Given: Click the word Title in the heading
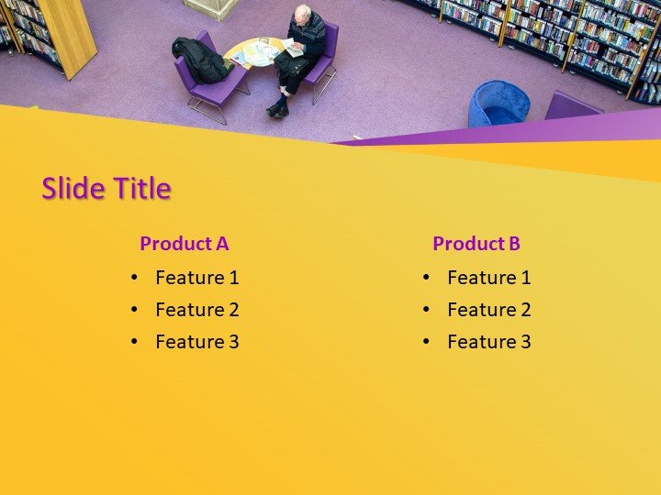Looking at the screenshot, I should pyautogui.click(x=141, y=189).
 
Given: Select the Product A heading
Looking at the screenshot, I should pyautogui.click(x=184, y=244).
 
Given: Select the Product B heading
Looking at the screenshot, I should pyautogui.click(x=476, y=244).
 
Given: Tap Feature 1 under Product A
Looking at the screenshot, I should pyautogui.click(x=196, y=278).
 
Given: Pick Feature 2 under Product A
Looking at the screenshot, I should pyautogui.click(x=196, y=310).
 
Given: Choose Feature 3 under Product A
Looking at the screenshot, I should pyautogui.click(x=196, y=342).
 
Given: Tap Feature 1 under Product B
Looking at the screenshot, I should pyautogui.click(x=488, y=278).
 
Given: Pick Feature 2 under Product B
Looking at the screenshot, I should pyautogui.click(x=488, y=310).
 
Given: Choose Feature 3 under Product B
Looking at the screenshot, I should pyautogui.click(x=488, y=342).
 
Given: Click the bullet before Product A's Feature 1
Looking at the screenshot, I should pyautogui.click(x=134, y=278).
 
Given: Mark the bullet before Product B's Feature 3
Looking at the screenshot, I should pyautogui.click(x=426, y=342).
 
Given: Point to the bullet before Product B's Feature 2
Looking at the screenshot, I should pyautogui.click(x=426, y=310).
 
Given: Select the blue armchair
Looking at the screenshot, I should pyautogui.click(x=498, y=104).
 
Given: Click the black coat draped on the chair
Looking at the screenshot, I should pyautogui.click(x=201, y=59).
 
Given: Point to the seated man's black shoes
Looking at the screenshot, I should pyautogui.click(x=277, y=109).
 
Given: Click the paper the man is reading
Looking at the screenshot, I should pyautogui.click(x=293, y=46).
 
